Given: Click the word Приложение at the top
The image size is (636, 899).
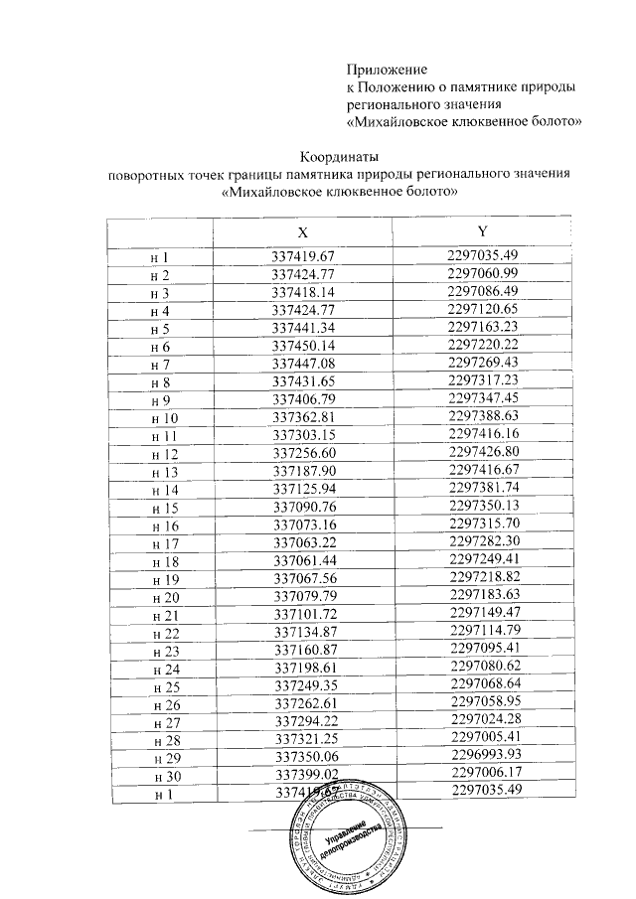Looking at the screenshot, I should [387, 70].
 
